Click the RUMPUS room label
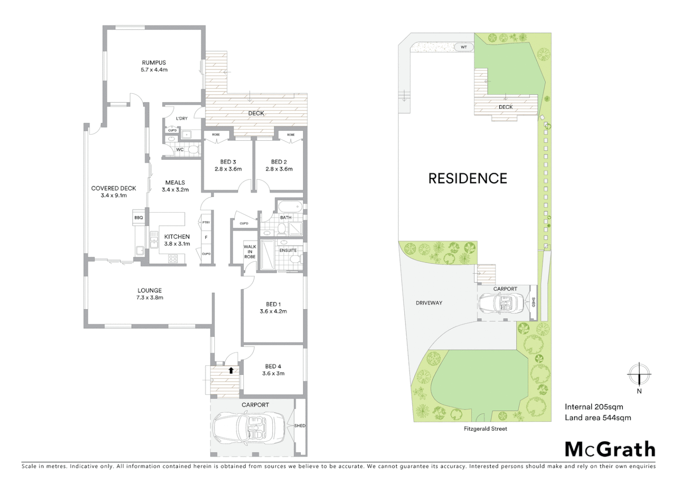154,63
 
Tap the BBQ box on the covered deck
138,218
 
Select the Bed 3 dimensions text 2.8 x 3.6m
228,169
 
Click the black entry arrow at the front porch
231,370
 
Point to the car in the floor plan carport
249,427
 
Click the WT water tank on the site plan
464,47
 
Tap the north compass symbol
639,375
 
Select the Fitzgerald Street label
485,429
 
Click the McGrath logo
610,449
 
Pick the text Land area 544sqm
597,418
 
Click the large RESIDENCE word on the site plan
467,179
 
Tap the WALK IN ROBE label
250,251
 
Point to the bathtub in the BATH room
290,207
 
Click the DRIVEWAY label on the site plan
429,303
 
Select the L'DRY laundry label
181,118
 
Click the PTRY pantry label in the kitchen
206,223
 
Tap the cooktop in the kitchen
173,259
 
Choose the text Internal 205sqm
594,407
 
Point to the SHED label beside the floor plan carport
300,426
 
